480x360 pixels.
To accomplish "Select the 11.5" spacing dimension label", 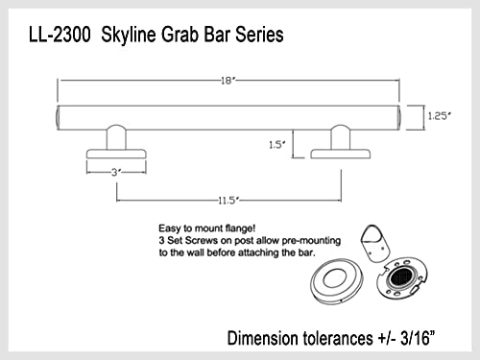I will pyautogui.click(x=228, y=200).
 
